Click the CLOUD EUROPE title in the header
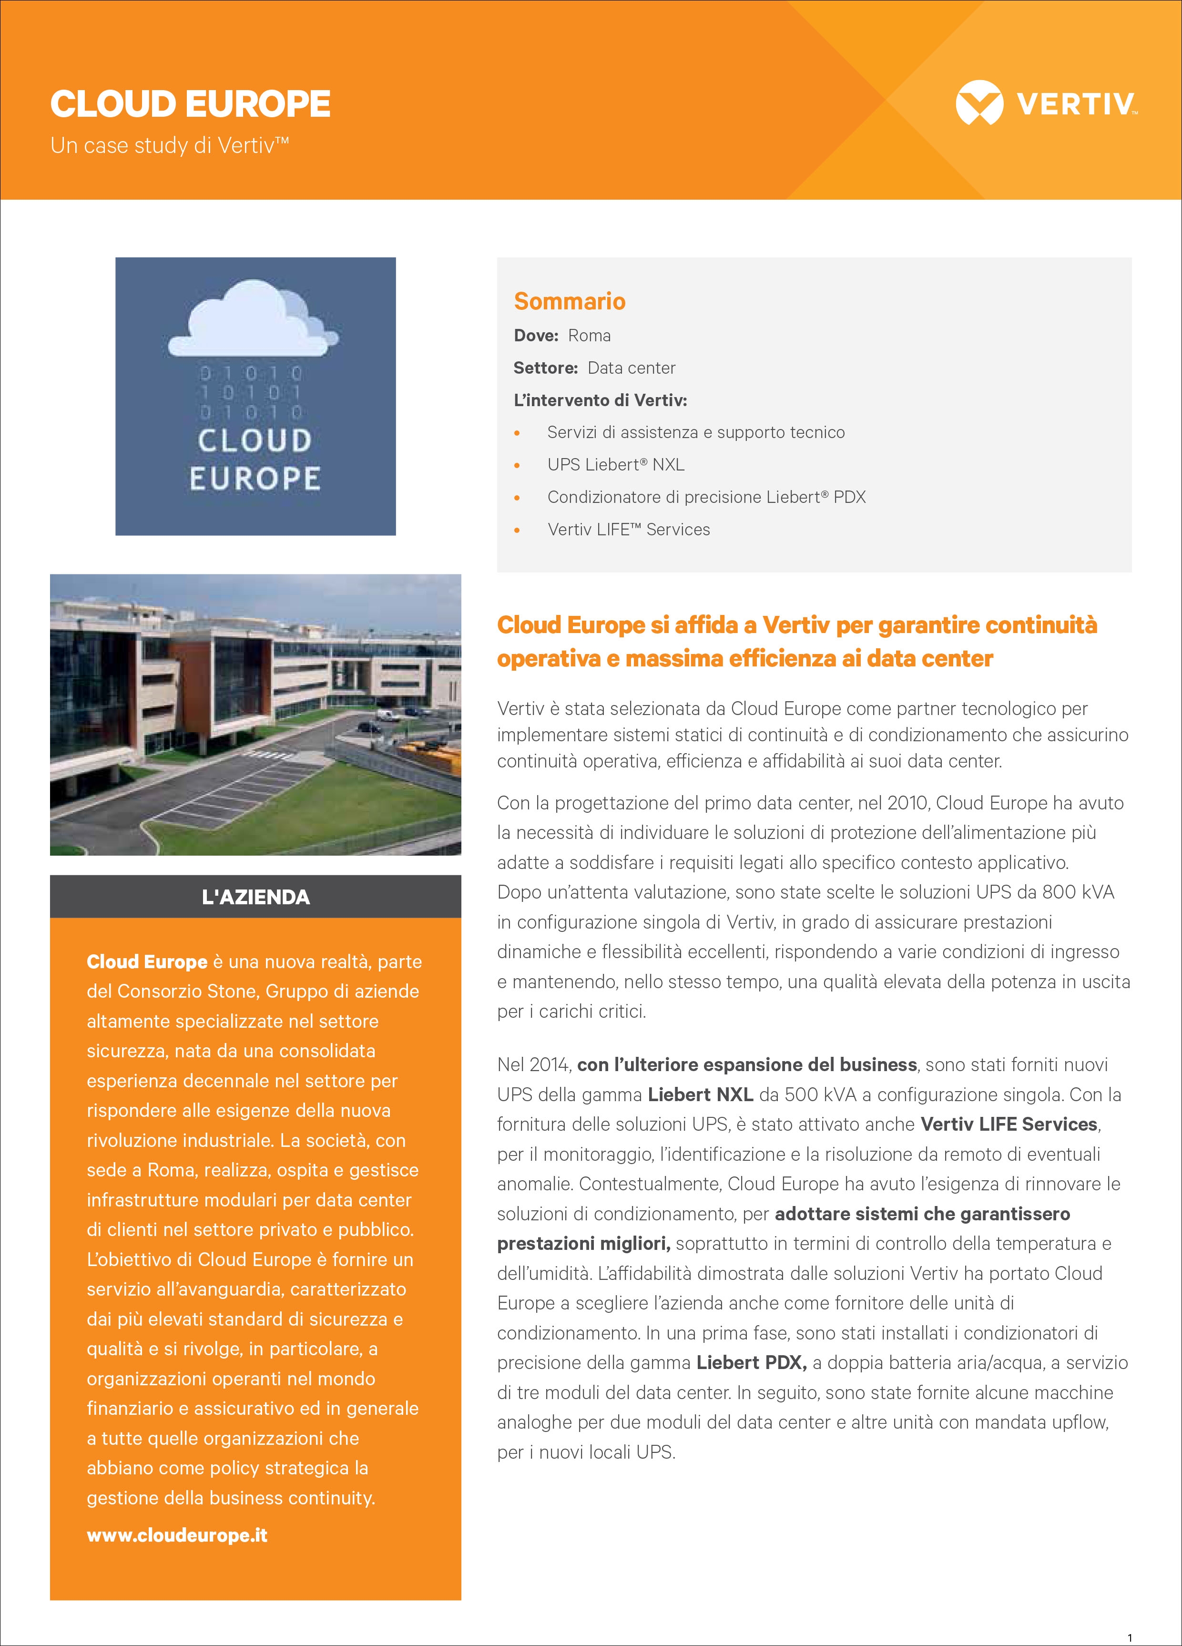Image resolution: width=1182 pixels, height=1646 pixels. [190, 104]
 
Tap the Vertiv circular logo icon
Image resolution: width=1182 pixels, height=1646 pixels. [979, 104]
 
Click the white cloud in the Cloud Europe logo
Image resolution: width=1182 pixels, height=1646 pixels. [254, 323]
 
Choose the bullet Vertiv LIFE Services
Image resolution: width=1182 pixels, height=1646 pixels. [628, 530]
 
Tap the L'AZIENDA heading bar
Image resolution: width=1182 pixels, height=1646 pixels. [255, 897]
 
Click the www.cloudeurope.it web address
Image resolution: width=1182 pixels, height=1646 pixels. [177, 1535]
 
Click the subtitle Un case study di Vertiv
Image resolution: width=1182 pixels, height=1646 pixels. [169, 146]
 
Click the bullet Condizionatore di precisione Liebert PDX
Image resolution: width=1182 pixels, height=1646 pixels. [706, 497]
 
